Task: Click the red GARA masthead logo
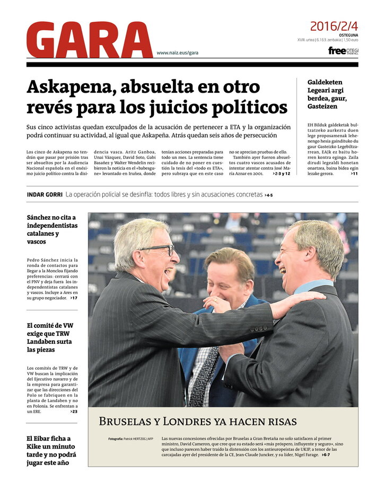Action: (89, 40)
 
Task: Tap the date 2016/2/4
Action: (334, 26)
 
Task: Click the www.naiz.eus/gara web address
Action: (177, 53)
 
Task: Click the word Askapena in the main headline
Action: (70, 87)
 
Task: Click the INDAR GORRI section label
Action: (44, 194)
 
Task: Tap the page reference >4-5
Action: (268, 195)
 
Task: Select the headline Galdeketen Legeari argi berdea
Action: (325, 94)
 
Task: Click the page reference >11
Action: (354, 174)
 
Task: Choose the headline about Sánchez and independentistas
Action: (52, 229)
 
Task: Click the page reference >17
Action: (74, 298)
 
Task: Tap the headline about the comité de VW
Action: (49, 337)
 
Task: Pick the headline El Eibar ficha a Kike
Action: (51, 451)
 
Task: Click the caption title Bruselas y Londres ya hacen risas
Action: (197, 422)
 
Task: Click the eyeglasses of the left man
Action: (157, 249)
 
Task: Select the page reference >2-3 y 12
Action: (281, 174)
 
